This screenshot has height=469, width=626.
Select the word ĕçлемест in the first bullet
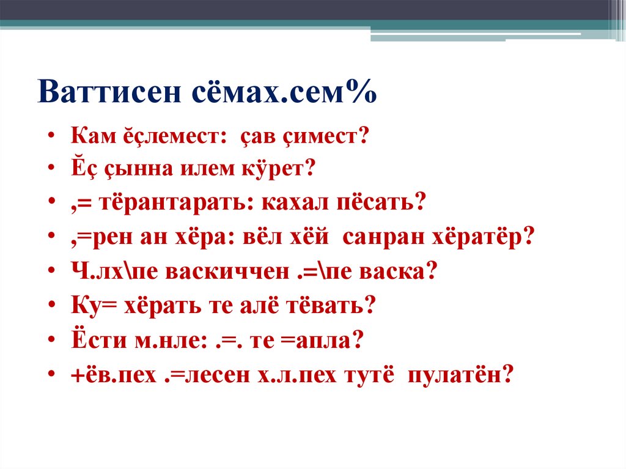pyautogui.click(x=171, y=136)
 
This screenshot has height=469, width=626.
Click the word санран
pyautogui.click(x=380, y=237)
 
